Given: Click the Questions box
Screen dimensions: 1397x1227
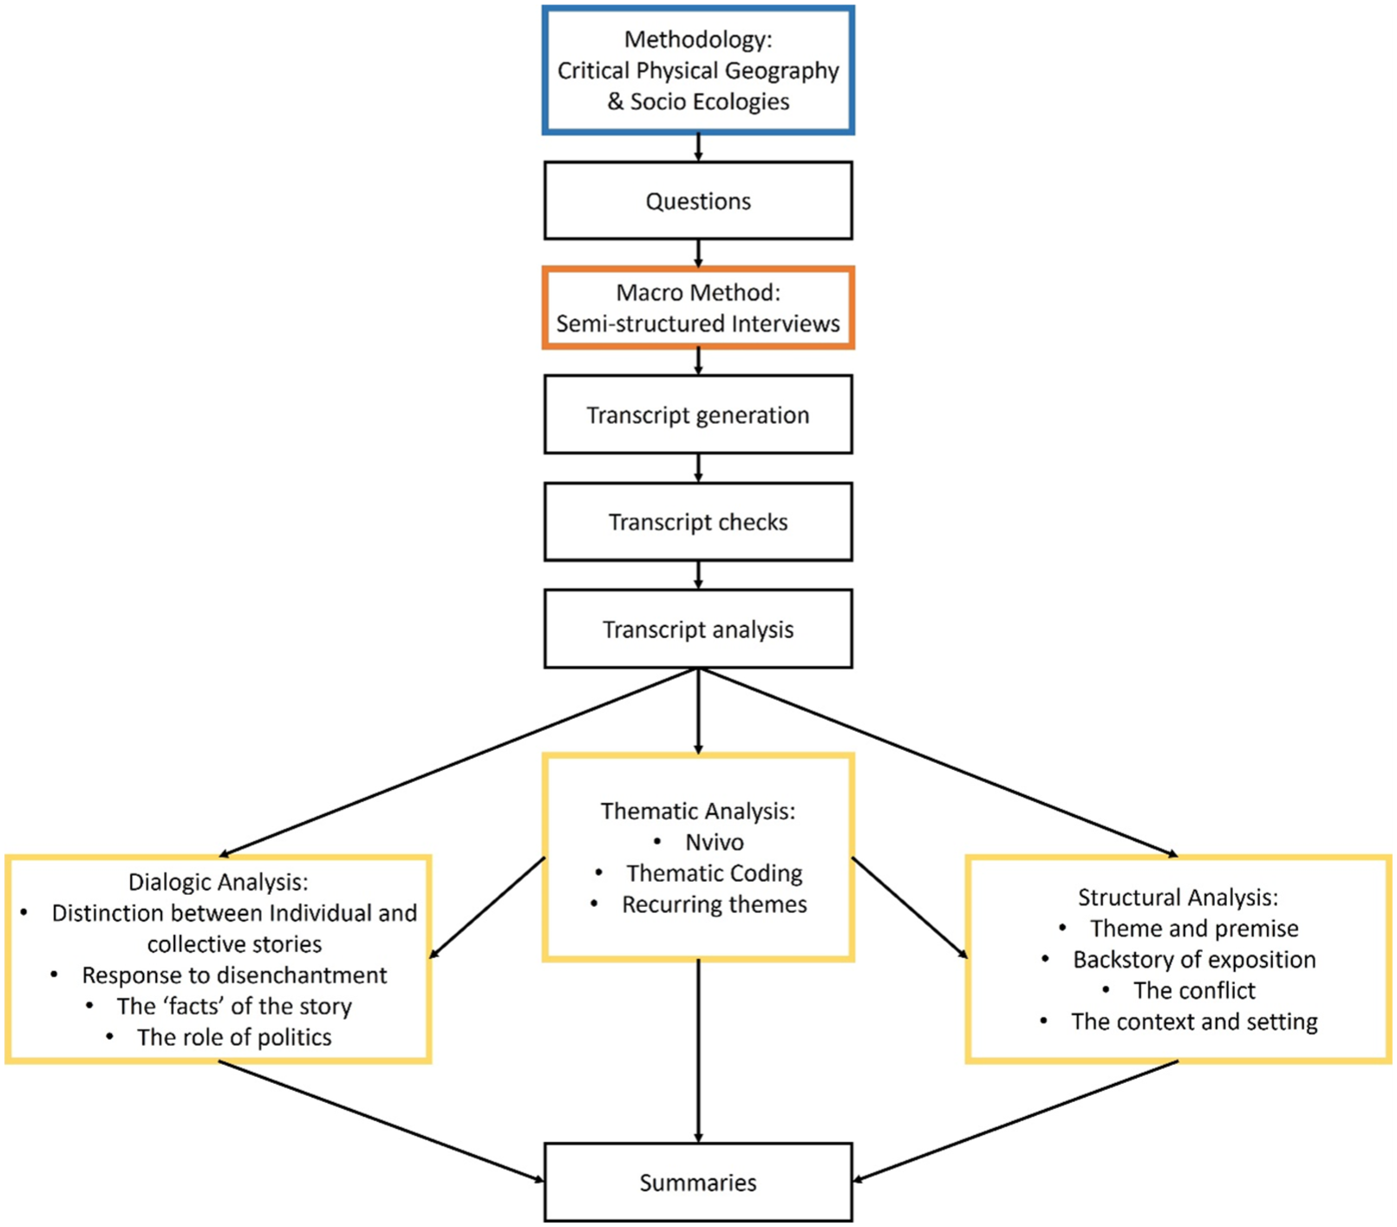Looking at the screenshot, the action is tap(698, 200).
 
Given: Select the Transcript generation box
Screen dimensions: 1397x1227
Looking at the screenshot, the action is tap(698, 414).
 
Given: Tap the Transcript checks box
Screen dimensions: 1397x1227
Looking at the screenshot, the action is tap(698, 522).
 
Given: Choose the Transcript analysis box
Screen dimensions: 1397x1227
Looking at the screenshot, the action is tap(698, 629).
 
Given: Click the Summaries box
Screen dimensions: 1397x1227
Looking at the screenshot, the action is tap(698, 1182).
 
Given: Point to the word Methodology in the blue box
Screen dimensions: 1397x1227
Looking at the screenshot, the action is tap(696, 40).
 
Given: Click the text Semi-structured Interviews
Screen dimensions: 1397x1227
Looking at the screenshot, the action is tap(698, 323).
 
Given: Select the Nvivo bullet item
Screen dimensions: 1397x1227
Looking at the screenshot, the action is tap(715, 842).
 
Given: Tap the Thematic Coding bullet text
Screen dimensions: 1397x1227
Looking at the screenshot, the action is tap(715, 873).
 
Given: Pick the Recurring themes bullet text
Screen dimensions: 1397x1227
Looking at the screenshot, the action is tap(715, 904).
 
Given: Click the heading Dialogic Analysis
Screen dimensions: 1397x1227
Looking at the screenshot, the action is tap(218, 882).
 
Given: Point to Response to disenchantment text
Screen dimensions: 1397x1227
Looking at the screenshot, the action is tap(234, 975).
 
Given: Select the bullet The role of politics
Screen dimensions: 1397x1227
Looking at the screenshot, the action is tap(234, 1037).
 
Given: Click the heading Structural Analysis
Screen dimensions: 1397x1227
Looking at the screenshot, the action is tap(1178, 897).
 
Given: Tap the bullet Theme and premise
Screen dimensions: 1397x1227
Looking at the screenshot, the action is tap(1194, 929).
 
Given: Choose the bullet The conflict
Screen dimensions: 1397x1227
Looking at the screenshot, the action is tap(1194, 990).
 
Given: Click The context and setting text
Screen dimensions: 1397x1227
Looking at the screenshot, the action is tap(1194, 1021).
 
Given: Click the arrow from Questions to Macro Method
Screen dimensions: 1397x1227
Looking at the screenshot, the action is tap(698, 254).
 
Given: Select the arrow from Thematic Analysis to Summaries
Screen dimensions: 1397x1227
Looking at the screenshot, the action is tap(698, 1052).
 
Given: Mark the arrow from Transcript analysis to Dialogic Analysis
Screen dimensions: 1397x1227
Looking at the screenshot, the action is tap(459, 762).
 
